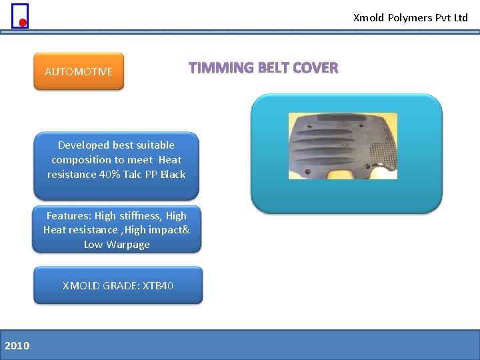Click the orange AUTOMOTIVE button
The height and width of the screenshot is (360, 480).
(x=79, y=71)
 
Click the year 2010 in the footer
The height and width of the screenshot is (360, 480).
(x=17, y=345)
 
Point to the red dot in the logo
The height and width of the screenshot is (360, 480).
(x=22, y=23)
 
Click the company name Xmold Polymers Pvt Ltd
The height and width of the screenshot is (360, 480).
(x=410, y=18)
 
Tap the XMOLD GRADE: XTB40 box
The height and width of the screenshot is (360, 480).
(x=117, y=285)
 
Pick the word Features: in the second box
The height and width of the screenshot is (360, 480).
(x=69, y=215)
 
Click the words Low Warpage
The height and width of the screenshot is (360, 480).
(x=117, y=244)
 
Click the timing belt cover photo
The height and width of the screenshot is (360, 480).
(x=342, y=146)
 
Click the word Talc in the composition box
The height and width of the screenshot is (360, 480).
(x=133, y=174)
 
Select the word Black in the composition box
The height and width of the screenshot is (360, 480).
(x=173, y=174)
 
